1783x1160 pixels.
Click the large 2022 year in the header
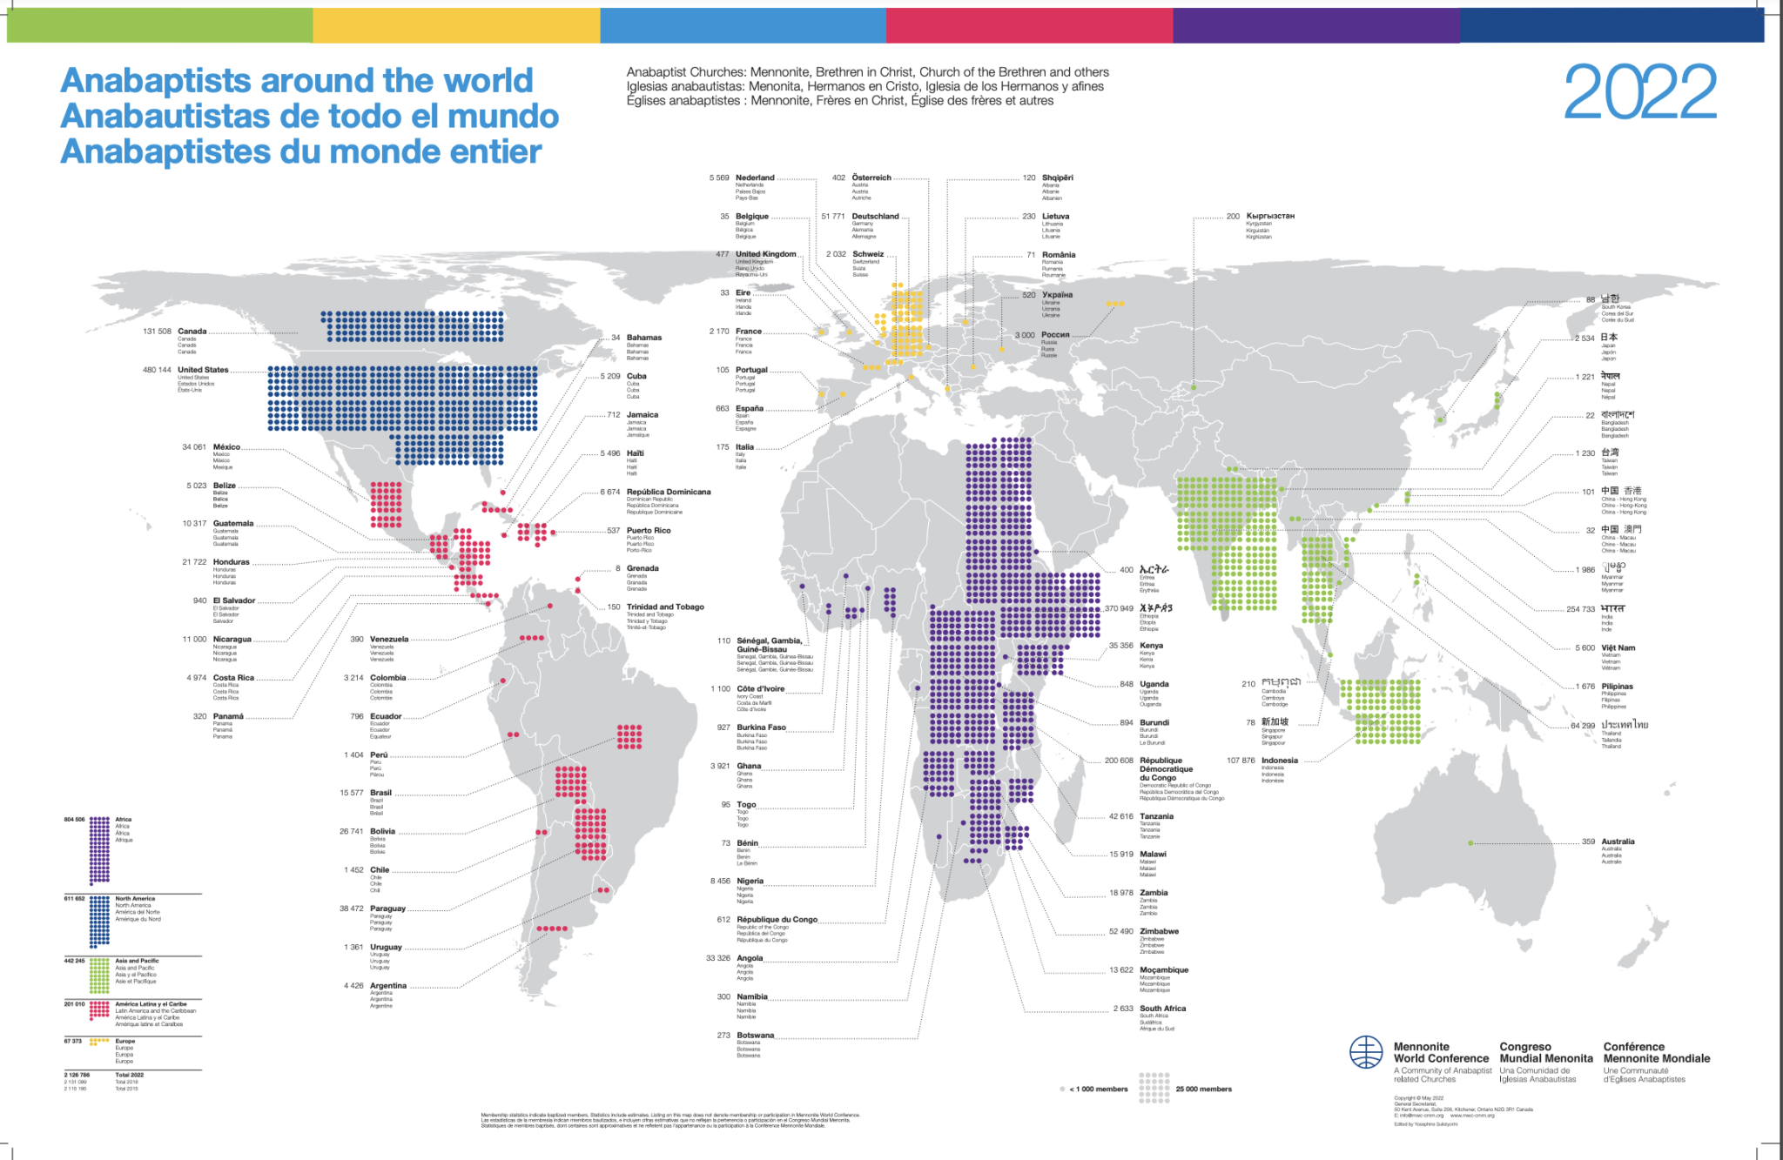coord(1640,92)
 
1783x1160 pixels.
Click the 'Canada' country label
coord(192,332)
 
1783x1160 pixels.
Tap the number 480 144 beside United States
coord(157,370)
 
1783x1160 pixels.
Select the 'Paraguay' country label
coord(387,909)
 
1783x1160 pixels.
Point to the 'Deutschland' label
coord(875,217)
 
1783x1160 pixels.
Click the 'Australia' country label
coord(1618,842)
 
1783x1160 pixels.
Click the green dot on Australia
coord(1470,843)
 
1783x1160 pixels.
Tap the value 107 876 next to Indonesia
coord(1241,761)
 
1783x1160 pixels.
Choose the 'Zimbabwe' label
coord(1159,931)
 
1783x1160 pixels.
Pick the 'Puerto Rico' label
coord(649,530)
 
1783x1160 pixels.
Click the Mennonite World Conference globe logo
coord(1366,1053)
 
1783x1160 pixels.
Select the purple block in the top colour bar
coord(1315,25)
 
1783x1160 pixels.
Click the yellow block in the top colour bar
coord(456,25)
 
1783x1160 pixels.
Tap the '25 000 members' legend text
coord(1203,1090)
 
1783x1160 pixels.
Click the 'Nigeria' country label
coord(750,881)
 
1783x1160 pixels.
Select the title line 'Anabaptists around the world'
coord(296,81)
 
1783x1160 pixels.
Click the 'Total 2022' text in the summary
coord(129,1075)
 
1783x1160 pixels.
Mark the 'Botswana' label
coord(755,1036)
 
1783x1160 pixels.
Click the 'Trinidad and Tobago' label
coord(665,607)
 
